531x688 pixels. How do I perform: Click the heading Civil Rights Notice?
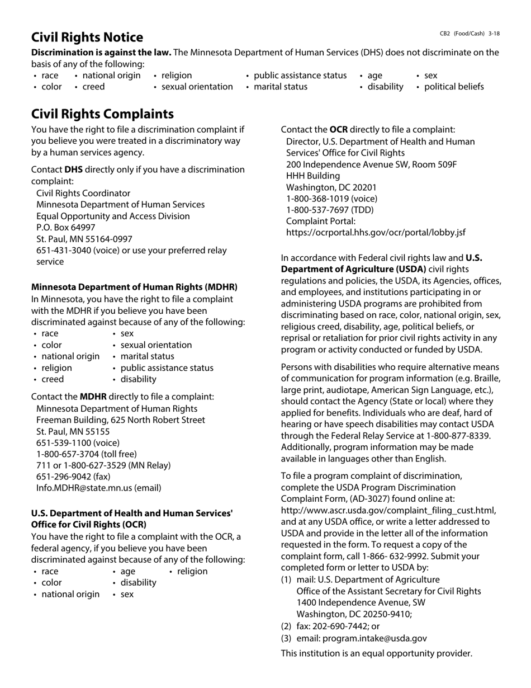pyautogui.click(x=87, y=37)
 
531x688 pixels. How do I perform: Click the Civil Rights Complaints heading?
pyautogui.click(x=102, y=114)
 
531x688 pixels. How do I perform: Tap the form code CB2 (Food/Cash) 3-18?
pyautogui.click(x=470, y=34)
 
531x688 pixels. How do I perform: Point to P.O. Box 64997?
pyautogui.click(x=66, y=228)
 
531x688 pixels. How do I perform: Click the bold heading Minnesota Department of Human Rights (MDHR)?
pyautogui.click(x=134, y=287)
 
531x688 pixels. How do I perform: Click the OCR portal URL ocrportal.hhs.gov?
pyautogui.click(x=376, y=233)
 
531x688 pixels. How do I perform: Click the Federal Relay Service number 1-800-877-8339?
pyautogui.click(x=458, y=436)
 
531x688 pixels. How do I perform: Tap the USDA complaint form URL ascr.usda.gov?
pyautogui.click(x=388, y=510)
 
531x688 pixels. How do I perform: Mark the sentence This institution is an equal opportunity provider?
pyautogui.click(x=376, y=653)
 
